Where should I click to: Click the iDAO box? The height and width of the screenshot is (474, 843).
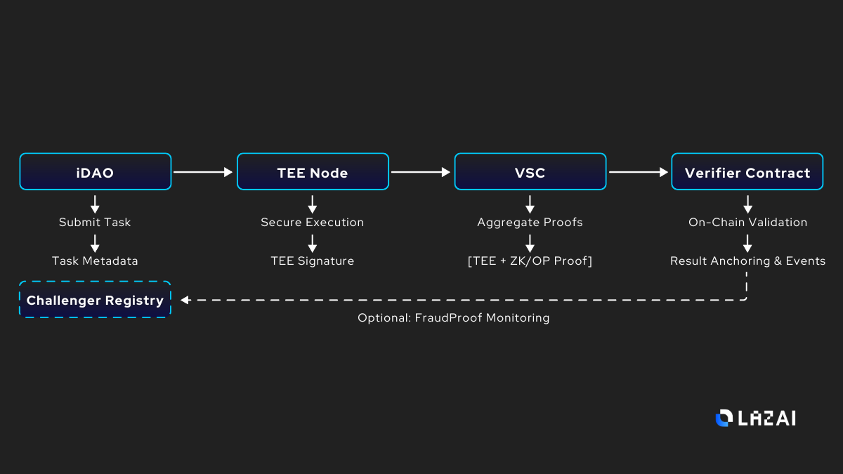pos(96,172)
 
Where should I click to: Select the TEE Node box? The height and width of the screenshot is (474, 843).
pos(313,172)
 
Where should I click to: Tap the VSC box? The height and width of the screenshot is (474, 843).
pos(530,172)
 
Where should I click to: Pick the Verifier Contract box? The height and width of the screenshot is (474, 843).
pos(747,172)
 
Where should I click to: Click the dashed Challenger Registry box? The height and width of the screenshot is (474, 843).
pos(95,300)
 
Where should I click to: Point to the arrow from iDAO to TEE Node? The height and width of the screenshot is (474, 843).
pos(203,171)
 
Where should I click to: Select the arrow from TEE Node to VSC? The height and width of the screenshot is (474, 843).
pos(420,171)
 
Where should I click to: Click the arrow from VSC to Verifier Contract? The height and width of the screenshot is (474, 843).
pos(638,171)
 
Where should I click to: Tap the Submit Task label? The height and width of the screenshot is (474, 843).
pos(95,222)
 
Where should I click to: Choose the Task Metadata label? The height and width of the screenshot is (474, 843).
pos(95,261)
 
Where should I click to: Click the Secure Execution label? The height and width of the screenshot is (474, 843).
pos(313,222)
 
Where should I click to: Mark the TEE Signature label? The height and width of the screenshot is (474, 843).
pos(313,261)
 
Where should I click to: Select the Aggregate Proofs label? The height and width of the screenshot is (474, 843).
pos(530,222)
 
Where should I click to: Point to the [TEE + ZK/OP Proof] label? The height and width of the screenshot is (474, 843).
pos(530,261)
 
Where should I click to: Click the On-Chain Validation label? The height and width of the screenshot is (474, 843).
pos(747,222)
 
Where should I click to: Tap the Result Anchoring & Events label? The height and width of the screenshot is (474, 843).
pos(747,261)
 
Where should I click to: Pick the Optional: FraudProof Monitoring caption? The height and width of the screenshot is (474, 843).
pos(453,317)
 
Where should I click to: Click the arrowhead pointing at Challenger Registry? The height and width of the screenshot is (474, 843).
pos(185,300)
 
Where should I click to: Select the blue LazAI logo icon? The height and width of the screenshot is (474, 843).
pos(723,418)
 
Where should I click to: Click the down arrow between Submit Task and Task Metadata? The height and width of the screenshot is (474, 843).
pos(95,242)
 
